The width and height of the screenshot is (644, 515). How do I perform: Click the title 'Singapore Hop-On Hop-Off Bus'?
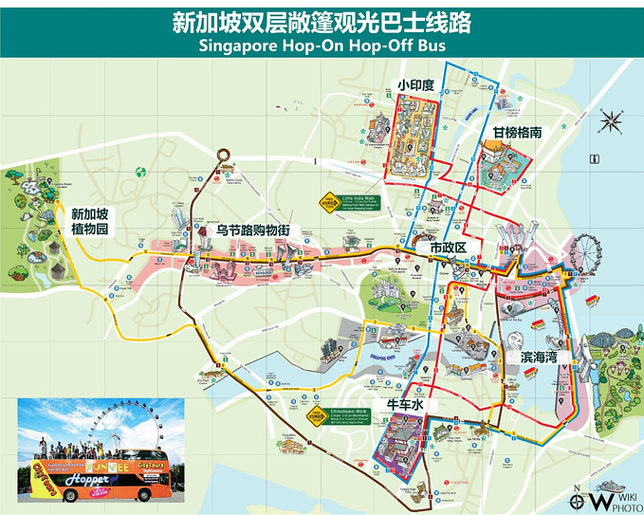(322, 45)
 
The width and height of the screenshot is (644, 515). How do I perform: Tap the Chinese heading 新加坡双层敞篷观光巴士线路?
(322, 21)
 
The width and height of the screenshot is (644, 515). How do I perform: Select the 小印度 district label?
(415, 85)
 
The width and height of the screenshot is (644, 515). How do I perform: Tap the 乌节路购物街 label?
(253, 230)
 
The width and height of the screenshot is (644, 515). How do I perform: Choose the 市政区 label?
(450, 247)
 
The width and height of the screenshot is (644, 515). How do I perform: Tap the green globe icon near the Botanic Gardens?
(140, 173)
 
